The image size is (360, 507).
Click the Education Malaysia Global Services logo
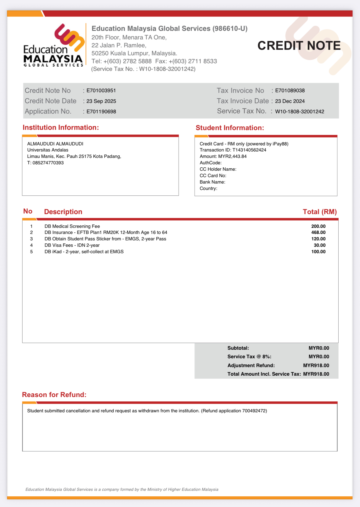(x=53, y=46)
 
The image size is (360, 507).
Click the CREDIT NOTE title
(x=299, y=46)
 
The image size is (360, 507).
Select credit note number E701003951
(x=101, y=91)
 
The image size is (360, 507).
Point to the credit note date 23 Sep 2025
(x=101, y=101)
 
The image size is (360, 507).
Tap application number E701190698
(x=101, y=111)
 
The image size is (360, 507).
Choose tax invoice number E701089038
(x=290, y=91)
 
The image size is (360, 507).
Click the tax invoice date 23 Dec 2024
(x=290, y=101)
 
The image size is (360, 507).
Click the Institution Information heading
(x=61, y=128)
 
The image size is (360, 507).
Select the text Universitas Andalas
(x=48, y=150)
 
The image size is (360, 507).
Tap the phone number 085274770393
(x=48, y=163)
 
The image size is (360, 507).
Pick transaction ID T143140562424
(x=249, y=150)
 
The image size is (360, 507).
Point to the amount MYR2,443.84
(x=232, y=156)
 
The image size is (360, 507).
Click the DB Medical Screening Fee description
(x=72, y=226)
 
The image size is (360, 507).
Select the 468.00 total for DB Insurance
(x=318, y=232)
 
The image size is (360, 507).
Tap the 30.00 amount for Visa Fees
(x=319, y=245)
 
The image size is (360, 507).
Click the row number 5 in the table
(x=31, y=252)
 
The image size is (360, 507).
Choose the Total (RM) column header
(x=319, y=212)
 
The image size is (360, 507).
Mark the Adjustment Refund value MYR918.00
(x=316, y=366)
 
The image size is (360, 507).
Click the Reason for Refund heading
(x=54, y=395)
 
